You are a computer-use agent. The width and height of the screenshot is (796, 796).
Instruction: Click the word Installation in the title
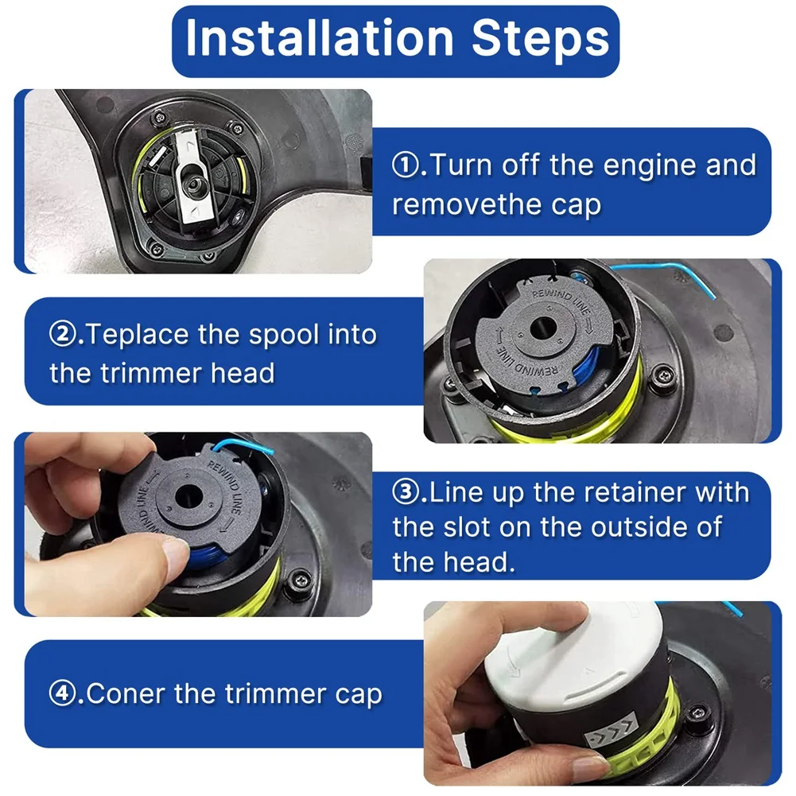320,38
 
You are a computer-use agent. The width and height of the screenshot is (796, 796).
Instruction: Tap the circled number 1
406,165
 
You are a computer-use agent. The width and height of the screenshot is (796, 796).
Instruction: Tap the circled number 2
63,335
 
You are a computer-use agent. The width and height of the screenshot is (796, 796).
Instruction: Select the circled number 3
406,492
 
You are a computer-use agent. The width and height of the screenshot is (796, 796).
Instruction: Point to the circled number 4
63,693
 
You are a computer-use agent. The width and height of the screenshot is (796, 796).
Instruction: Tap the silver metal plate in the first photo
195,176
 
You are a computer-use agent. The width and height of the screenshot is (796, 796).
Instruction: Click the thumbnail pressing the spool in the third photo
175,556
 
